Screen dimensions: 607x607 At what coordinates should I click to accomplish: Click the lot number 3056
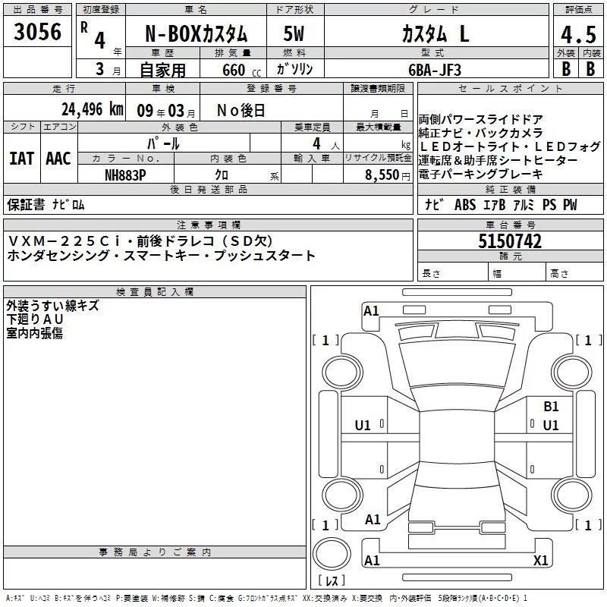click(37, 31)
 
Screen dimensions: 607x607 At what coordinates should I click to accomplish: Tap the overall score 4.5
click(578, 34)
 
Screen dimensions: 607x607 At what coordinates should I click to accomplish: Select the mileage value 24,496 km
click(93, 109)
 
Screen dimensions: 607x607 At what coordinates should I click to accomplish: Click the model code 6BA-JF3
click(435, 70)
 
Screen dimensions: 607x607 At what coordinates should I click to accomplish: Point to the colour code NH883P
click(125, 175)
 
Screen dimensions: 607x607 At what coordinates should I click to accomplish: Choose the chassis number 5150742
click(510, 241)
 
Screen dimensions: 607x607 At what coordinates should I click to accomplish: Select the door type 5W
click(294, 33)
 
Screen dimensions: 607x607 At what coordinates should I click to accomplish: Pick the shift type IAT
click(22, 159)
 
